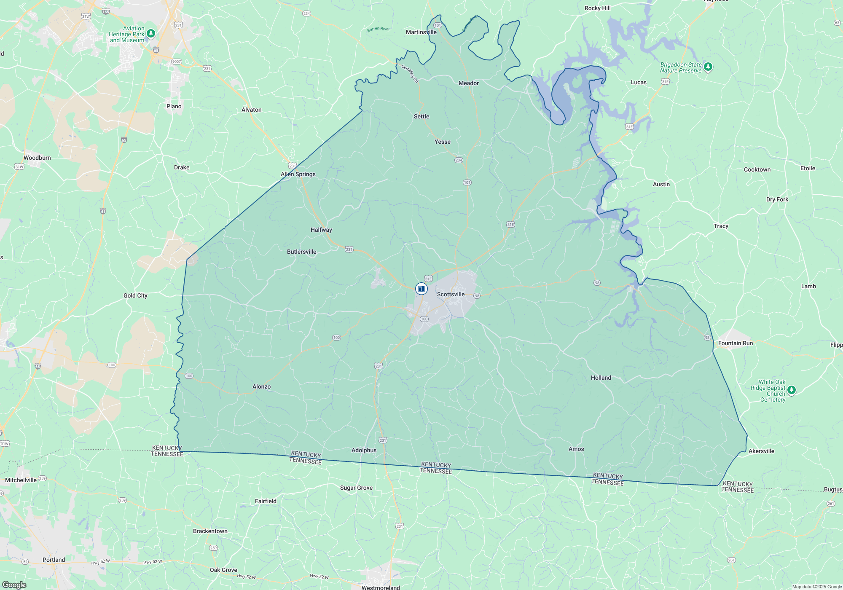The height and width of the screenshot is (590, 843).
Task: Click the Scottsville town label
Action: pyautogui.click(x=451, y=294)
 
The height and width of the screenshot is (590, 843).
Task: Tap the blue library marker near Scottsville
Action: pyautogui.click(x=421, y=289)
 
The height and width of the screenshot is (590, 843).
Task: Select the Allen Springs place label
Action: pyautogui.click(x=298, y=174)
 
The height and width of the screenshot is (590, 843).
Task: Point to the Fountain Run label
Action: pyautogui.click(x=735, y=343)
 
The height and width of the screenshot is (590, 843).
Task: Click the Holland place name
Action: pyautogui.click(x=601, y=378)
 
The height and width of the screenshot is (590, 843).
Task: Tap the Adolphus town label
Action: pyautogui.click(x=364, y=450)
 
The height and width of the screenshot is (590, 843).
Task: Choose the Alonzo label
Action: pyautogui.click(x=261, y=386)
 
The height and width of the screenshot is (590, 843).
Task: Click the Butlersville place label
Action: pyautogui.click(x=301, y=252)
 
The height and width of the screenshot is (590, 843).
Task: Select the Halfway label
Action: pyautogui.click(x=321, y=230)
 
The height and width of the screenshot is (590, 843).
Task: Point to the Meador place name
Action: pyautogui.click(x=468, y=83)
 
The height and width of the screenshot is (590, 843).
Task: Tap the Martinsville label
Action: pyautogui.click(x=421, y=32)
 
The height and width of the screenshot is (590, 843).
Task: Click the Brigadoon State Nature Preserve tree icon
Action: pyautogui.click(x=708, y=67)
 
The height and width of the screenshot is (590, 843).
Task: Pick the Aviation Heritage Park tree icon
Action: pyautogui.click(x=150, y=33)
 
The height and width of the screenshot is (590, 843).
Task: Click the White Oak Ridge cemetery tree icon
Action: pyautogui.click(x=791, y=390)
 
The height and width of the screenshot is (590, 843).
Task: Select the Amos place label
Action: pyautogui.click(x=576, y=449)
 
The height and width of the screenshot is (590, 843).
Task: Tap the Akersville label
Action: pyautogui.click(x=761, y=451)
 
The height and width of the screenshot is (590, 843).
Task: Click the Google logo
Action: pyautogui.click(x=14, y=585)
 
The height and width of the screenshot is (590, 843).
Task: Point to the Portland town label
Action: pyautogui.click(x=54, y=560)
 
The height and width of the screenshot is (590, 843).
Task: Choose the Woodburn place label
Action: pyautogui.click(x=37, y=158)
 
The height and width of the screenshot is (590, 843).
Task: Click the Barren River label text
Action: pyautogui.click(x=378, y=29)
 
